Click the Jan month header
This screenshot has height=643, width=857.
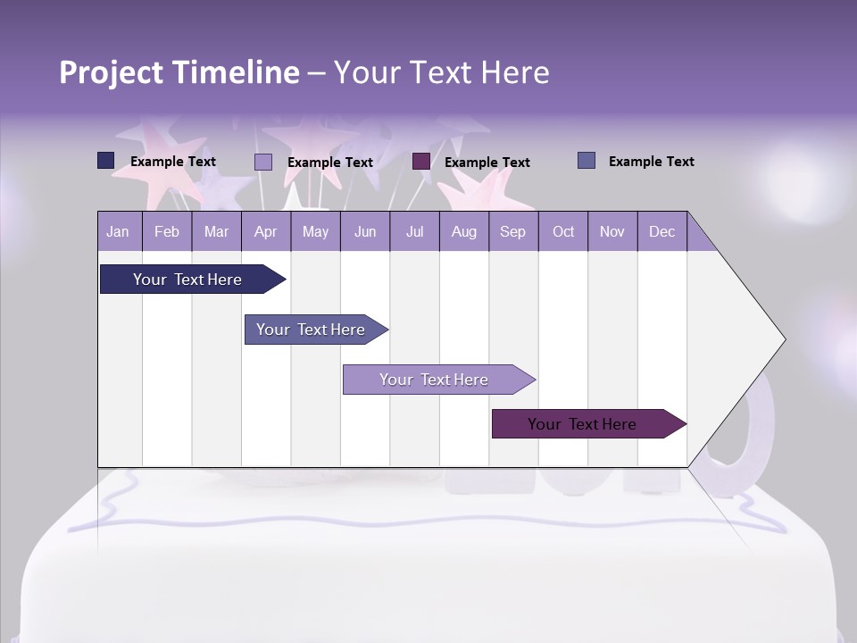tap(119, 231)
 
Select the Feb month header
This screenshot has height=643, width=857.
tap(167, 231)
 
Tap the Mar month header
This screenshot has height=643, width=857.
tap(216, 231)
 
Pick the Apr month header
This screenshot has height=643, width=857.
tap(266, 231)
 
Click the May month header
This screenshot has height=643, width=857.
tap(315, 231)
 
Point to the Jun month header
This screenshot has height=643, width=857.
tap(365, 231)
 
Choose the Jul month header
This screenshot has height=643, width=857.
tap(414, 231)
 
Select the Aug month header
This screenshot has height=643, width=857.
tap(463, 231)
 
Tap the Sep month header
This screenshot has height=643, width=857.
tap(512, 231)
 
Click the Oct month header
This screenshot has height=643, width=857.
tap(563, 231)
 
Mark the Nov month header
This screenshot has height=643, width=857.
tap(612, 231)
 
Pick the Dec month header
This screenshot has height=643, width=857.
tap(661, 231)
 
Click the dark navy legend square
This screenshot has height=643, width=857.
tap(106, 161)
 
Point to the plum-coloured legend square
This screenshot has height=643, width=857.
tap(421, 162)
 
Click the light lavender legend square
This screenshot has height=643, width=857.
tap(263, 162)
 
